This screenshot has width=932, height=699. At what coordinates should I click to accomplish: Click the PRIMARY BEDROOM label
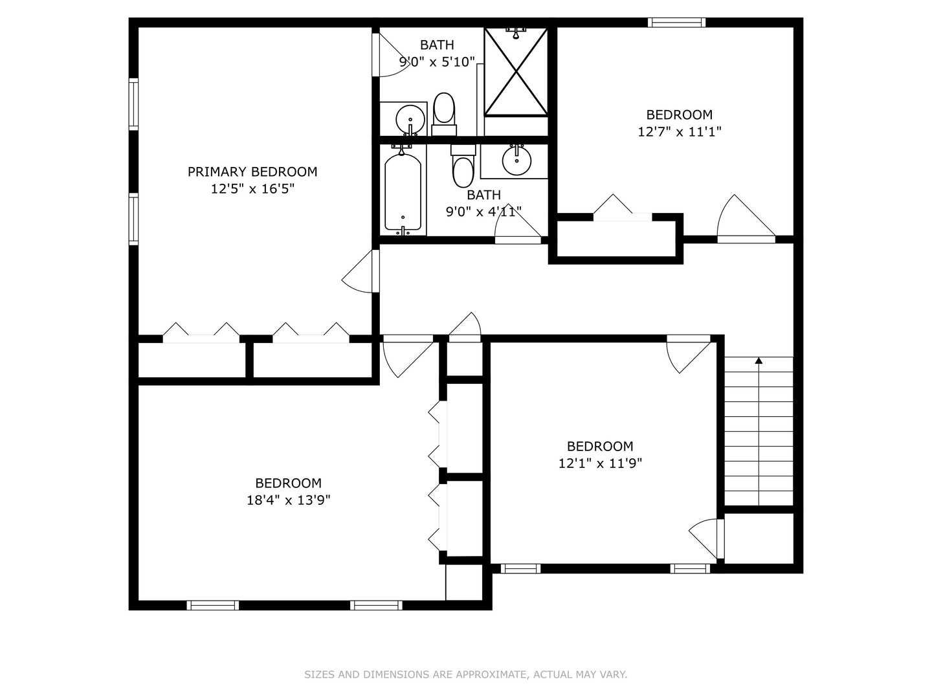tap(252, 172)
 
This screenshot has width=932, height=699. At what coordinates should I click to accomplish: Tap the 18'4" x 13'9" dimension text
tap(288, 500)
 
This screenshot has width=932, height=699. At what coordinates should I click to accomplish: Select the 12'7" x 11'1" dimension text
tap(680, 132)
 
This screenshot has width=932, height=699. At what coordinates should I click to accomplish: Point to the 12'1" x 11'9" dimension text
tap(600, 463)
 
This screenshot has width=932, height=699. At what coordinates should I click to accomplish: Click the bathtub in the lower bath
tap(403, 192)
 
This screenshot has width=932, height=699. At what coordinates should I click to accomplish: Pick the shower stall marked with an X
tap(516, 71)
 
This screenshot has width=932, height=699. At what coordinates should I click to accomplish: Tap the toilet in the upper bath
tap(444, 114)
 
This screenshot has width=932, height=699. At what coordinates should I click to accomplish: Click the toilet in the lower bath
tap(463, 166)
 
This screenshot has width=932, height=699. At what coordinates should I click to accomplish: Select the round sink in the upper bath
tap(410, 119)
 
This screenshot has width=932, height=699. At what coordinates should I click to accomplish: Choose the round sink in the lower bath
tap(516, 161)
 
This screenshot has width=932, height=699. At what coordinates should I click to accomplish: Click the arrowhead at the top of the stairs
tap(759, 361)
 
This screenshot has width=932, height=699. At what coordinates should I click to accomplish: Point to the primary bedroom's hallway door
tap(361, 271)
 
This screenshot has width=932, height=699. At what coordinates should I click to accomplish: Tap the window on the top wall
tap(676, 23)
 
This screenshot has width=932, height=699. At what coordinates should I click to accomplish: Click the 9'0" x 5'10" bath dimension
tap(437, 62)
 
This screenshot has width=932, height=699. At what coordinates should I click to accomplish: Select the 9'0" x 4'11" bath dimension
tap(483, 212)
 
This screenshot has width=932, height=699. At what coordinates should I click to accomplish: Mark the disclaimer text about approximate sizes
tap(466, 674)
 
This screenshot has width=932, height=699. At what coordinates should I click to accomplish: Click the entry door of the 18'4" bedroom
tap(408, 356)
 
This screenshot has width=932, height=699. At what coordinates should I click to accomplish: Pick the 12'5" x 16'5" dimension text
tap(252, 189)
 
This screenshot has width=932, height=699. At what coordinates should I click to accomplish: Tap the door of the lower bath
tap(518, 224)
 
